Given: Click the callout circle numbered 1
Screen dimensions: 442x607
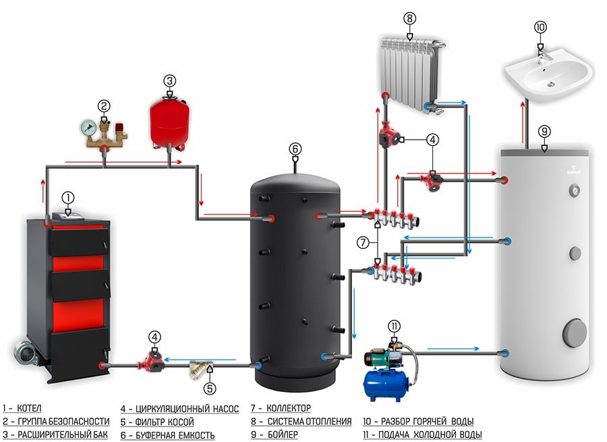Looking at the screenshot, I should (67, 198).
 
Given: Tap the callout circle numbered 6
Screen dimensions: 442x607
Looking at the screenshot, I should (294, 148).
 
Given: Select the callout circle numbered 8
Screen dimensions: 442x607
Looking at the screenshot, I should (409, 19).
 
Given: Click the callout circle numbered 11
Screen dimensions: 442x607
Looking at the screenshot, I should (395, 326).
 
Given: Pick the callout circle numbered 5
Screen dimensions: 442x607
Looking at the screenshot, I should (210, 388).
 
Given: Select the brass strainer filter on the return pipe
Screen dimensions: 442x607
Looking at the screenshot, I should (199, 368).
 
